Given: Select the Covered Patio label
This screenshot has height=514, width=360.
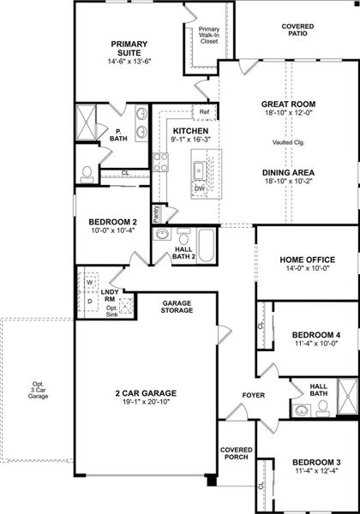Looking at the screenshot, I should coord(297,31).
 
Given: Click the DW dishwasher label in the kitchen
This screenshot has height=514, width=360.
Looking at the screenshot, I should coord(199,188).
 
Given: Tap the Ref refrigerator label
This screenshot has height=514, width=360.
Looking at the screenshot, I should coord(204,112).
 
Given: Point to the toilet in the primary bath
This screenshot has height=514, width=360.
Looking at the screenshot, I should coord(87,174).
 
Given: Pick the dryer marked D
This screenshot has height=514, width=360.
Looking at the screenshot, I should coord(88,302).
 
